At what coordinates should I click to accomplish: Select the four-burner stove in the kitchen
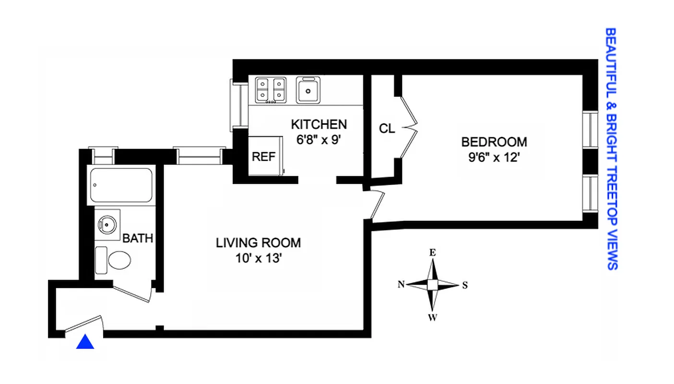(271, 90)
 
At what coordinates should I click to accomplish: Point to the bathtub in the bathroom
(121, 185)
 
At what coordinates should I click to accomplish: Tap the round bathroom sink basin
(106, 224)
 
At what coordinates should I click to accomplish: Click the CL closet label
(387, 129)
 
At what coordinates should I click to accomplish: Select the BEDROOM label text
(494, 142)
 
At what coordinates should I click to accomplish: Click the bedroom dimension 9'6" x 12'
(494, 157)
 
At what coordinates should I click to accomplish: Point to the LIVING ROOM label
(258, 243)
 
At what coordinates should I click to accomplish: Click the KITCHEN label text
(319, 125)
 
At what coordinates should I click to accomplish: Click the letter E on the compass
(432, 252)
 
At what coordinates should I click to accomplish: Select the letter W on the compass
(432, 317)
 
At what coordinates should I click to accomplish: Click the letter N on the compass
(401, 285)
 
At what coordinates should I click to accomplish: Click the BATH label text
(137, 238)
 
